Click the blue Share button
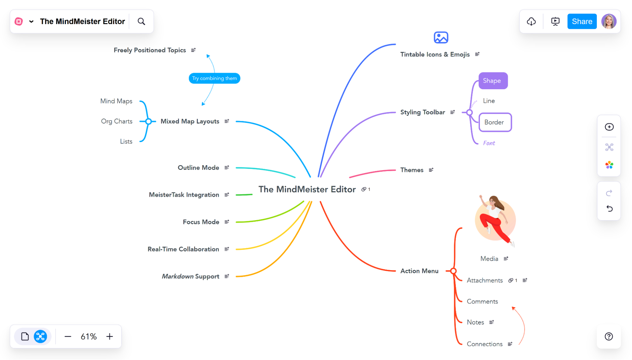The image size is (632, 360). point(582,22)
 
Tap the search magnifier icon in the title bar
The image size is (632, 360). point(141,22)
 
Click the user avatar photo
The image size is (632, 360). point(609,22)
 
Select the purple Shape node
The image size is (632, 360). point(493,81)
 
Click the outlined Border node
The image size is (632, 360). point(495,122)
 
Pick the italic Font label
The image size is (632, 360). point(489,143)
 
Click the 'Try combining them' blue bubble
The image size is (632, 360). point(214,78)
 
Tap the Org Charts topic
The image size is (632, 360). point(117,121)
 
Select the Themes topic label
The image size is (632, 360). point(412,170)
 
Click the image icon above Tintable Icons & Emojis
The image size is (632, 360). point(441,38)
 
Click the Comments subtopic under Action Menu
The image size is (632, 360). point(482,301)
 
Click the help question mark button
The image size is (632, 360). point(609,337)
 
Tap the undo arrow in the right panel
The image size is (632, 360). point(609,209)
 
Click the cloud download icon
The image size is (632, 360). point(531,22)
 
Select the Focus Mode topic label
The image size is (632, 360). point(201,222)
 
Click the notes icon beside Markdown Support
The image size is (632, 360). point(227,276)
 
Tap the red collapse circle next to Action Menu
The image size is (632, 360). point(453,271)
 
